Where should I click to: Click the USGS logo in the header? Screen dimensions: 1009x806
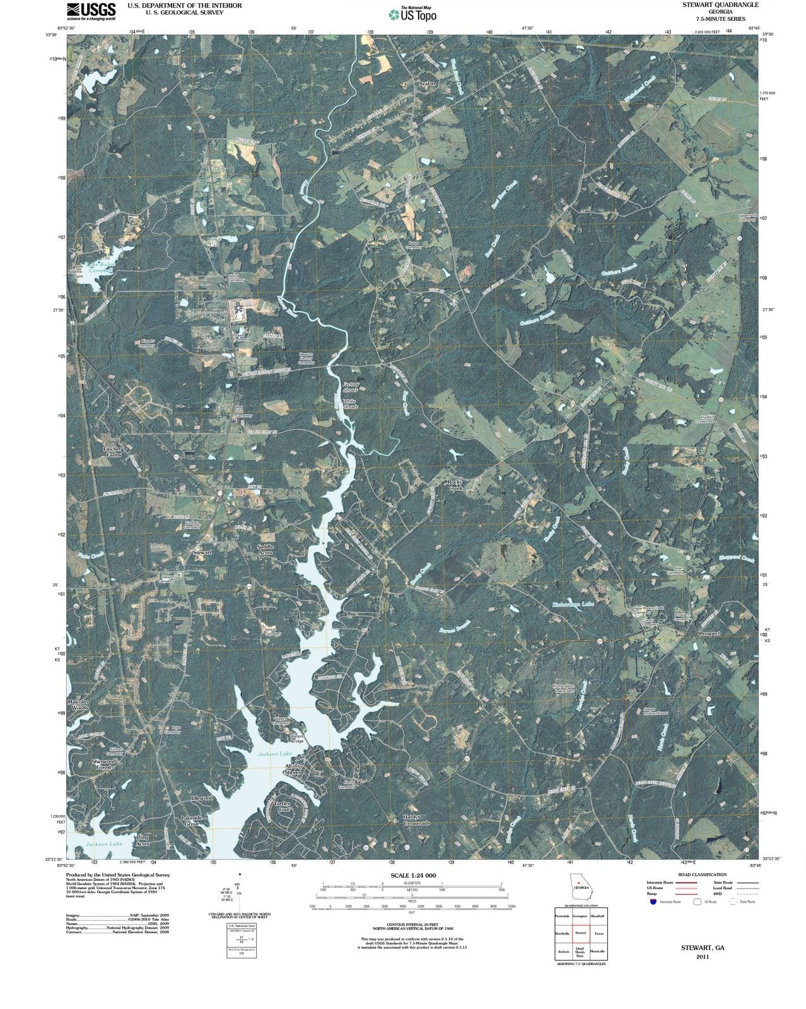pos(91,11)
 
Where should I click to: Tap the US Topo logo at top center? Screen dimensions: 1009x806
pos(412,14)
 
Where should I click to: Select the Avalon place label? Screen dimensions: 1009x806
pos(427,83)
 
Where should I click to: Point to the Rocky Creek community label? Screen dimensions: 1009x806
pos(455,485)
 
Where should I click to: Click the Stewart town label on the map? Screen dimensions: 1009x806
pos(202,552)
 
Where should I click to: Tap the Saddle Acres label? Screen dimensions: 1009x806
pos(266,549)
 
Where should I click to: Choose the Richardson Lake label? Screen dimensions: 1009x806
pos(573,604)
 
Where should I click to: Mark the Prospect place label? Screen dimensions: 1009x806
pos(709,633)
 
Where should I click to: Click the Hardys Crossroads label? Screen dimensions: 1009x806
pos(416,820)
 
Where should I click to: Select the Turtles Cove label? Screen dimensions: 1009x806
pos(282,807)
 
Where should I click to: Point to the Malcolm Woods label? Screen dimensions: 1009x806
pos(79,704)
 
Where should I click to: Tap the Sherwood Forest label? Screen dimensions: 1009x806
pos(103,764)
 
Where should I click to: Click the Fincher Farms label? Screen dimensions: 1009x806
pos(112,452)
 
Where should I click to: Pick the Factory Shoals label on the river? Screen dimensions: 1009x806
pos(350,387)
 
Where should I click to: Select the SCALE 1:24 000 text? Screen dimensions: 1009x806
pos(413,876)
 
